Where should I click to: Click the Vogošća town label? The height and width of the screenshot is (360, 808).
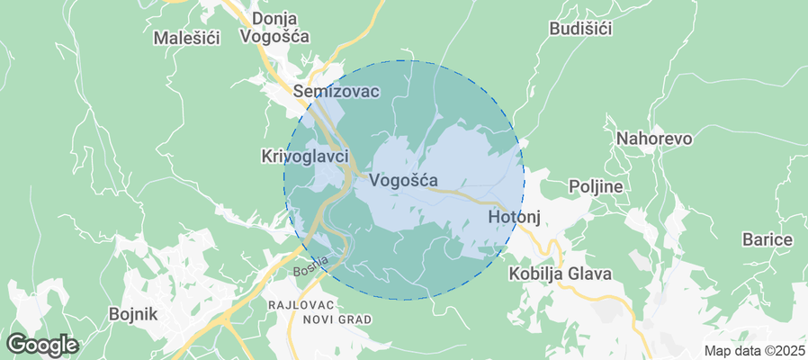coord(404,180)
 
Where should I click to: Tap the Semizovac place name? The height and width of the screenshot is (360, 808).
coord(337,92)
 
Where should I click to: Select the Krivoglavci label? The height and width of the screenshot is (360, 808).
coord(304,157)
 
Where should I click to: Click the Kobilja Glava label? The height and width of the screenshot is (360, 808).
coord(560,274)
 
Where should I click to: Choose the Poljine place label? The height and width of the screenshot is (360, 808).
coord(597,186)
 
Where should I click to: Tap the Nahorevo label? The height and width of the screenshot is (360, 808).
coord(653,139)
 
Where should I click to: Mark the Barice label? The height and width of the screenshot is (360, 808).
coord(767,240)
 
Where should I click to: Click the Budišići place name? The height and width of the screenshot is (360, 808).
coord(580,29)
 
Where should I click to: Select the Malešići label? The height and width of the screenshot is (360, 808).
coord(189,38)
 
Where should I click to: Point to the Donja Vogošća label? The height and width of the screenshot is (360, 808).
coord(275,27)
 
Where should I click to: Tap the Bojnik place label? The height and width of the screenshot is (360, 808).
coord(132,314)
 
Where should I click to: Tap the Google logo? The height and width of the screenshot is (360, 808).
coord(41,344)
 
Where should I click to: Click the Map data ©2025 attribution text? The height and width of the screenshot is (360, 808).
coord(754,351)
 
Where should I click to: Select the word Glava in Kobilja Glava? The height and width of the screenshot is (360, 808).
coord(589,274)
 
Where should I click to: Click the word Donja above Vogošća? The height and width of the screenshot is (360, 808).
coord(275,18)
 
